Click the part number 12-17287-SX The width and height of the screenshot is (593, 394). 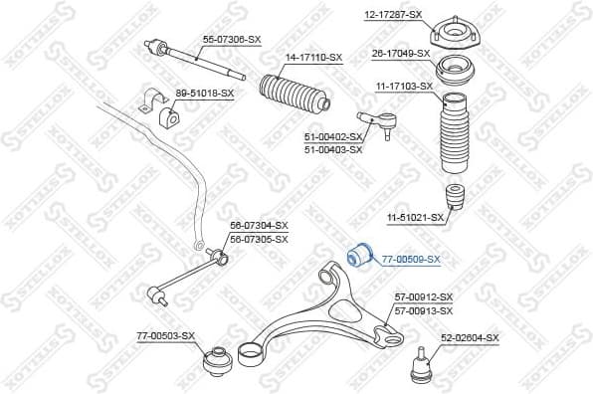tap(393, 15)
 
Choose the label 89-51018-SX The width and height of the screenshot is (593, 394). tap(204, 94)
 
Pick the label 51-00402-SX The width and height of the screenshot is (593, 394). tap(332, 137)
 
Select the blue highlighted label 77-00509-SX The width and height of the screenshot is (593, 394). tap(411, 259)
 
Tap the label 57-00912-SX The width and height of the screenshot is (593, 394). tap(423, 297)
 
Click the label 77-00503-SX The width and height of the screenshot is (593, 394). tap(166, 338)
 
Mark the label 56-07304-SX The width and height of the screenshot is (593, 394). tap(259, 226)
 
